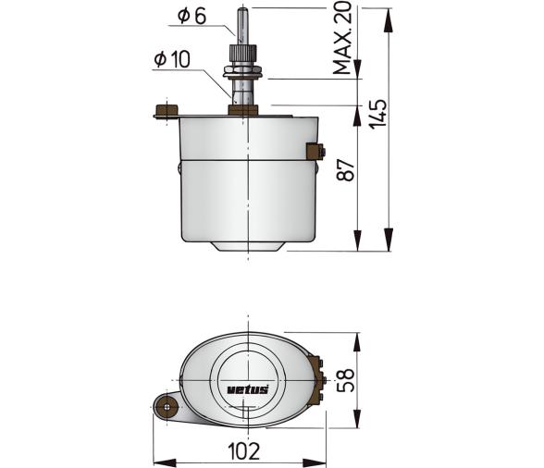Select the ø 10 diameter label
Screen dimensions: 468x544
tap(172, 60)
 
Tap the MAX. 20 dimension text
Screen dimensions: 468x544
tap(343, 39)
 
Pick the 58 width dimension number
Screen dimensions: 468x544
tap(343, 380)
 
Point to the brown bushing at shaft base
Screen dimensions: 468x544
tap(242, 110)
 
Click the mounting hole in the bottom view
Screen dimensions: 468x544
tap(167, 404)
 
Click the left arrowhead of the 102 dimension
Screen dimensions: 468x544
tap(156, 462)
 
